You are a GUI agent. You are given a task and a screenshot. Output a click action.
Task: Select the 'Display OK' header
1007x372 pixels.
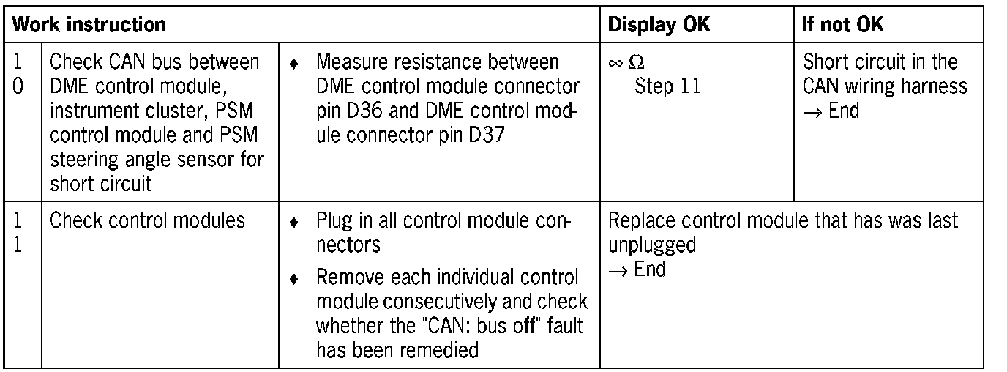click(x=658, y=24)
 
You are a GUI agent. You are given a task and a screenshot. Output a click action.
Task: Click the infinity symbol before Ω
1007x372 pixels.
click(x=615, y=64)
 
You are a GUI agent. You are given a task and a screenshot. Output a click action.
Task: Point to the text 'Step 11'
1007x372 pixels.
click(x=667, y=86)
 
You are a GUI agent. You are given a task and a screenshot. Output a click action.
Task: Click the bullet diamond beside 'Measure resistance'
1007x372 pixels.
click(x=293, y=64)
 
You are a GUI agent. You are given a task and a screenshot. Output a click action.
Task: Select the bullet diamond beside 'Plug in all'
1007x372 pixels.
click(x=293, y=221)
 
